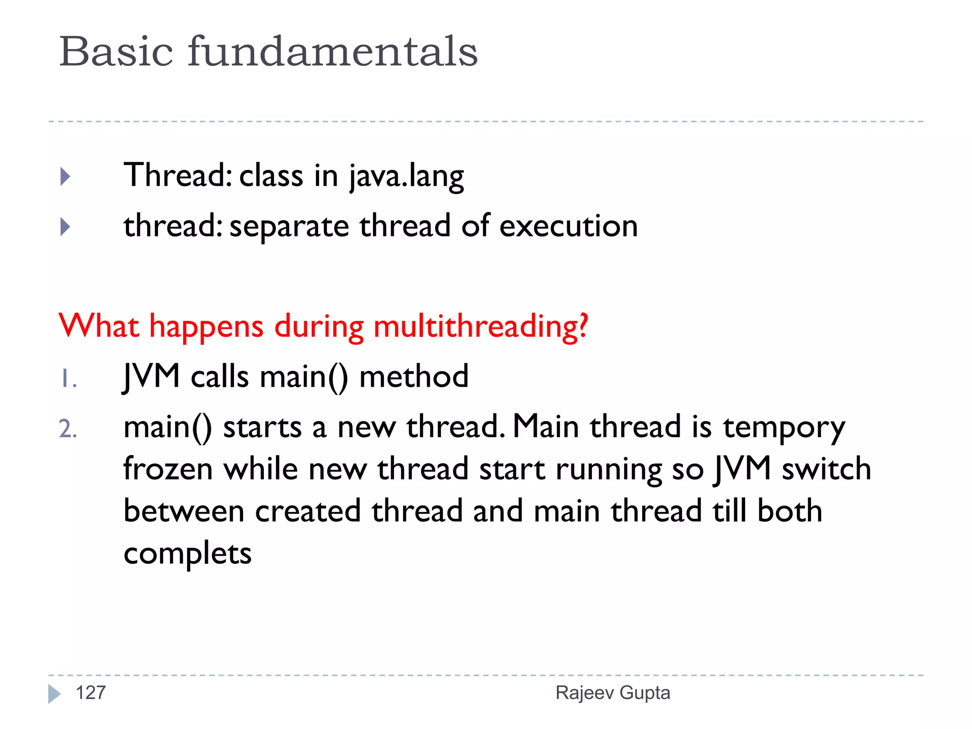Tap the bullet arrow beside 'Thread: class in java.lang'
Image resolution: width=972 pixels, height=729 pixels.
pyautogui.click(x=65, y=177)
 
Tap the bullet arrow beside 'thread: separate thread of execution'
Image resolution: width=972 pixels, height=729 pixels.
pyautogui.click(x=65, y=227)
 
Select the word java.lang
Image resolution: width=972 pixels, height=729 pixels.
pyautogui.click(x=406, y=177)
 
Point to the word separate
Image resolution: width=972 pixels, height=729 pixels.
pyautogui.click(x=289, y=227)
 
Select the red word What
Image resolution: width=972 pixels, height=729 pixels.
pyautogui.click(x=99, y=327)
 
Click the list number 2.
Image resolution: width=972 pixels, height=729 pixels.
pyautogui.click(x=68, y=429)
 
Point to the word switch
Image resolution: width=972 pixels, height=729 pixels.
pyautogui.click(x=826, y=469)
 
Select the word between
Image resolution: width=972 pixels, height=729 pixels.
pyautogui.click(x=184, y=512)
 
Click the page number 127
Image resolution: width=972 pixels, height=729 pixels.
pyautogui.click(x=91, y=693)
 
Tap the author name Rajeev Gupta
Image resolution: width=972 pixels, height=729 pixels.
pyautogui.click(x=613, y=693)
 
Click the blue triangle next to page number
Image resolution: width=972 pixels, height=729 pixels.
pyautogui.click(x=54, y=694)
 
